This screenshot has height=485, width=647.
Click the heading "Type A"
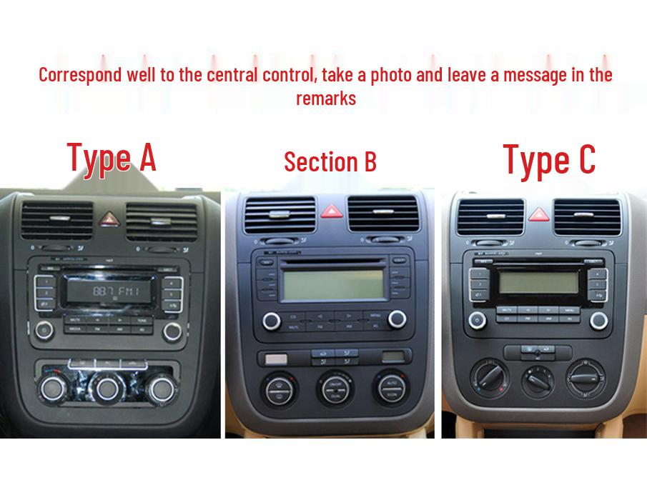tap(111, 157)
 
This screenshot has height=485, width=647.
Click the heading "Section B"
tap(330, 161)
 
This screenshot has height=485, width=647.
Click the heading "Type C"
tap(548, 159)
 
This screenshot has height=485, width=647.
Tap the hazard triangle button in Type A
tap(109, 219)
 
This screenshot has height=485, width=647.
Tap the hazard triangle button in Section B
tap(331, 211)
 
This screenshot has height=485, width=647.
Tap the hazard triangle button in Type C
tap(538, 214)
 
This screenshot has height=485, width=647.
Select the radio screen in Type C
tap(538, 281)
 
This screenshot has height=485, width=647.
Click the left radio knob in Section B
tap(271, 321)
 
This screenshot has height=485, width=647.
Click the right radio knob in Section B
tap(397, 319)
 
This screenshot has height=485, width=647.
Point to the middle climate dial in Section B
tap(335, 388)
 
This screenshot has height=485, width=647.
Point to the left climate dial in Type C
tap(489, 376)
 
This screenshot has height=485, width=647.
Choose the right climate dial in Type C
tap(586, 376)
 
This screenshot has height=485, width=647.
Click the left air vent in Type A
tap(57, 219)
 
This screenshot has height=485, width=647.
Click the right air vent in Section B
tap(383, 213)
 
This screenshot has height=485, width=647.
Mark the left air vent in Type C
tap(490, 216)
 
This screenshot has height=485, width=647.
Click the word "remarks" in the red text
tap(326, 99)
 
